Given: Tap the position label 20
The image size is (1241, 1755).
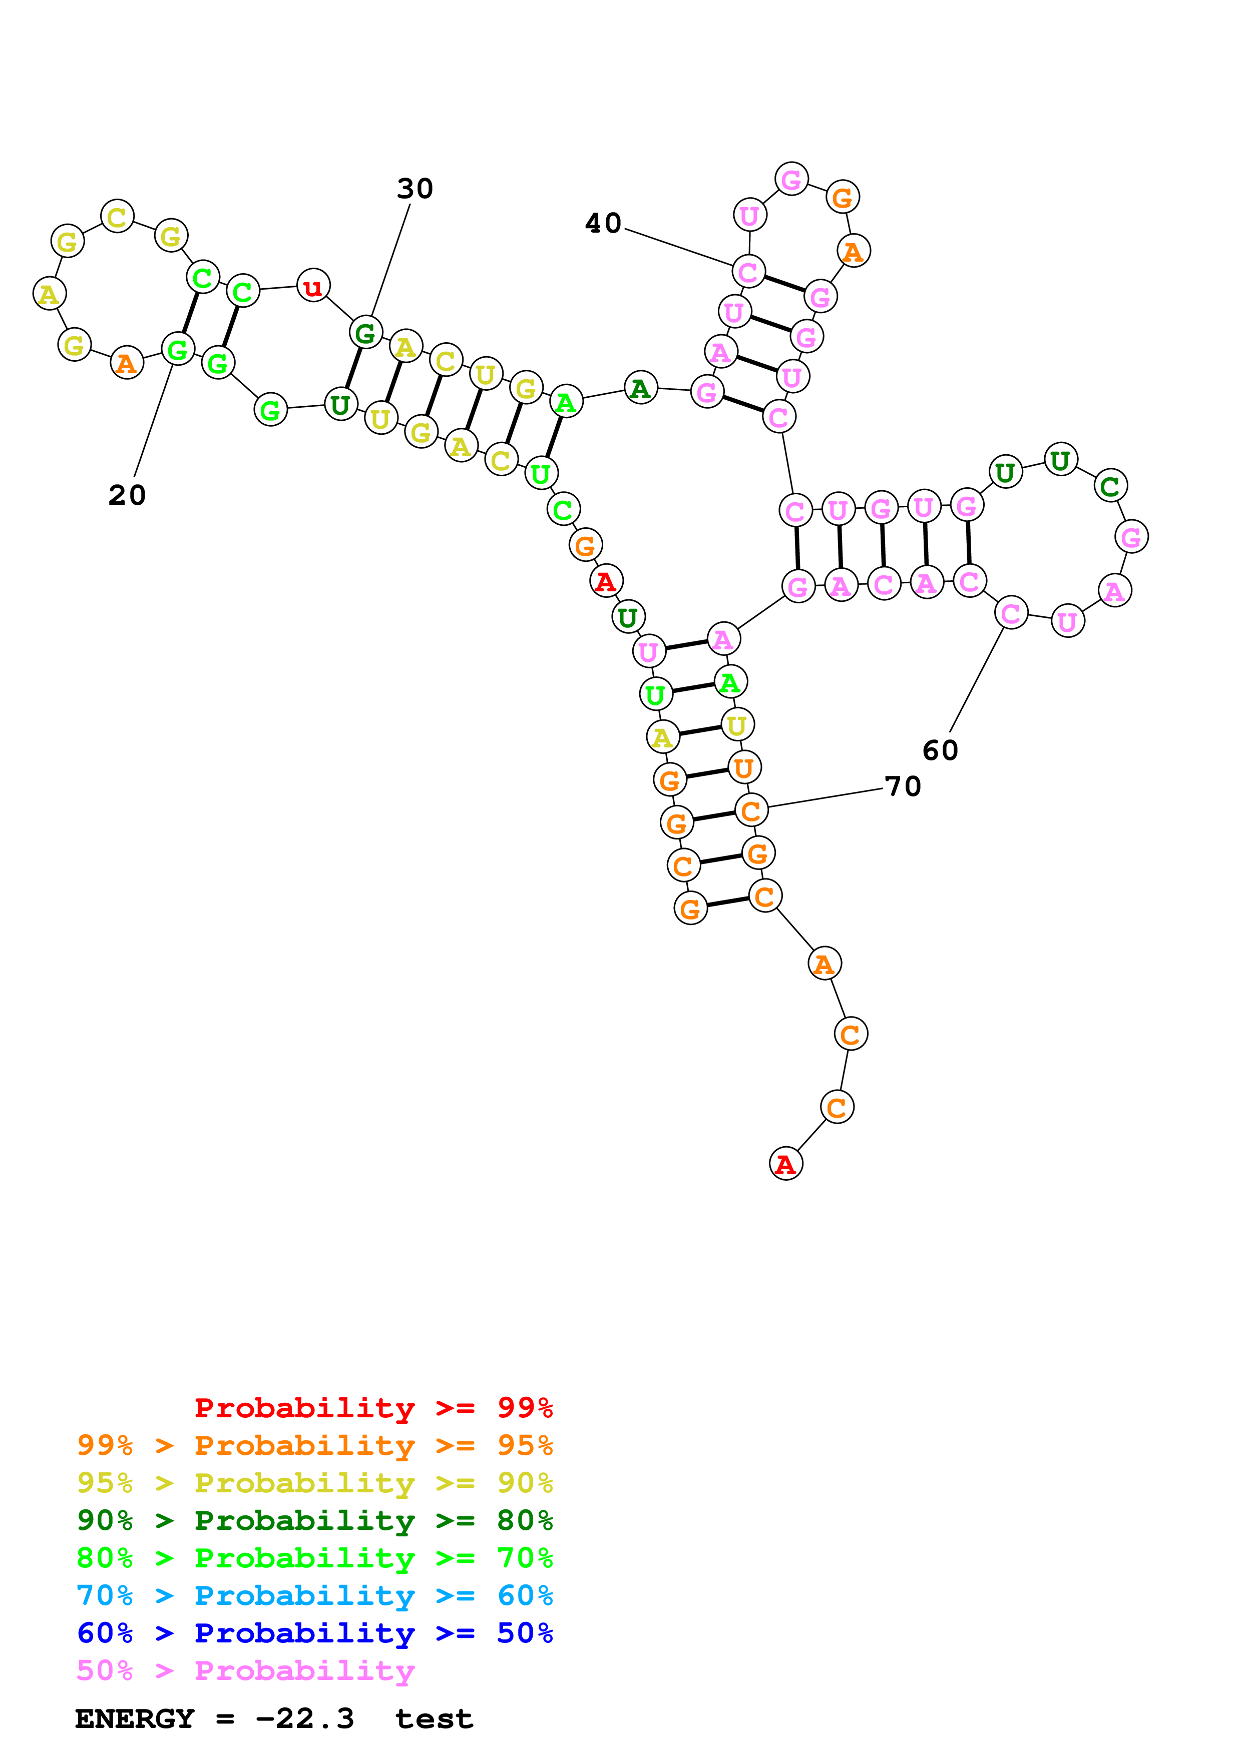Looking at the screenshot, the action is [x=127, y=495].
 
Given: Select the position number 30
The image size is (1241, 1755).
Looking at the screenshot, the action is [x=415, y=188].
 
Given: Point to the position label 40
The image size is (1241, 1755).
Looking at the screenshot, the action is [x=603, y=223].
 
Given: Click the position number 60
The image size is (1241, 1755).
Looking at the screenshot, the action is [x=940, y=750].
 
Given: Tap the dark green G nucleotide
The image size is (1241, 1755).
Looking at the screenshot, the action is [x=365, y=333].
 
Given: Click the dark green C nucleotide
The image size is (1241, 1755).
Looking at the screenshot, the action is [x=1109, y=485].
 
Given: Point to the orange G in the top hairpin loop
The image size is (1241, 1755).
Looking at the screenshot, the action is [x=842, y=197].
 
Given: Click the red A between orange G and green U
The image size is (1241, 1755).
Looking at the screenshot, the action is [x=606, y=581].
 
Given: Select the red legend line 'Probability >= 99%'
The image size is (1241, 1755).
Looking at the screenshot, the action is [x=373, y=1408].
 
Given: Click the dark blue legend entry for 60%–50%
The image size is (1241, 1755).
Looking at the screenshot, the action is [x=314, y=1633].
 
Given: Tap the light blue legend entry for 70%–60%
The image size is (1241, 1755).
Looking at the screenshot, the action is [x=314, y=1595].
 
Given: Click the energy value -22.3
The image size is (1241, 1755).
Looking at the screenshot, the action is [x=304, y=1718].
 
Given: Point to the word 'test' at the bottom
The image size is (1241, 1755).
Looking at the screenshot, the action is [x=434, y=1718].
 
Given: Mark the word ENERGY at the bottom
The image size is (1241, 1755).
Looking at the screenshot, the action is [x=135, y=1718].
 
